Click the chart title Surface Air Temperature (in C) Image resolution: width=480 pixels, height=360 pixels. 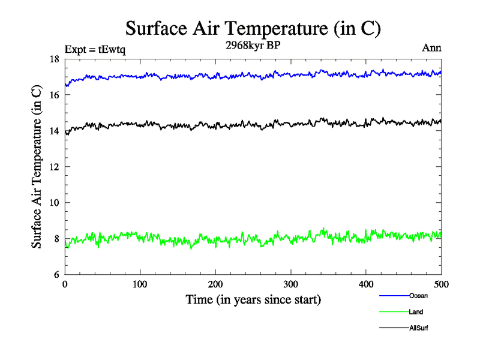click(x=253, y=28)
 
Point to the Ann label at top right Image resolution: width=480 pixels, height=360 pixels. click(x=432, y=48)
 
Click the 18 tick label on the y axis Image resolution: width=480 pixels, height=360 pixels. click(x=53, y=59)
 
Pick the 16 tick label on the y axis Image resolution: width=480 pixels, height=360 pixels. click(x=53, y=95)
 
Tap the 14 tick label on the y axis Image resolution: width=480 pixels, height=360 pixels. click(x=53, y=131)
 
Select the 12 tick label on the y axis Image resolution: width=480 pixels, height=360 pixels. click(x=53, y=167)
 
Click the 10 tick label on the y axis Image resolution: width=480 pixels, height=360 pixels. click(x=53, y=203)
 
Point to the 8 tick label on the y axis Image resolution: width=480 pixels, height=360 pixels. click(x=55, y=239)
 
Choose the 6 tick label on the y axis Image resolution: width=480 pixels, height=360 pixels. click(x=55, y=275)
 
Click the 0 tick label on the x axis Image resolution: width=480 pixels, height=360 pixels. click(x=65, y=284)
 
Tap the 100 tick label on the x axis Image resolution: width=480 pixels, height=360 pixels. click(x=140, y=284)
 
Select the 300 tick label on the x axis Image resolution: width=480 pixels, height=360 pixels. click(x=290, y=284)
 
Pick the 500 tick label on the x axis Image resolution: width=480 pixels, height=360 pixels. click(x=441, y=284)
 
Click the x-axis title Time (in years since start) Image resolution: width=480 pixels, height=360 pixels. click(x=253, y=299)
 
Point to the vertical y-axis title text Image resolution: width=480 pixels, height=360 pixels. click(x=37, y=167)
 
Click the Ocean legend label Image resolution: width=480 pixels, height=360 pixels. click(x=418, y=296)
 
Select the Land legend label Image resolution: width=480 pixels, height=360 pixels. click(x=416, y=312)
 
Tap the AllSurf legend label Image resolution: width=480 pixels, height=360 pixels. click(x=419, y=328)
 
